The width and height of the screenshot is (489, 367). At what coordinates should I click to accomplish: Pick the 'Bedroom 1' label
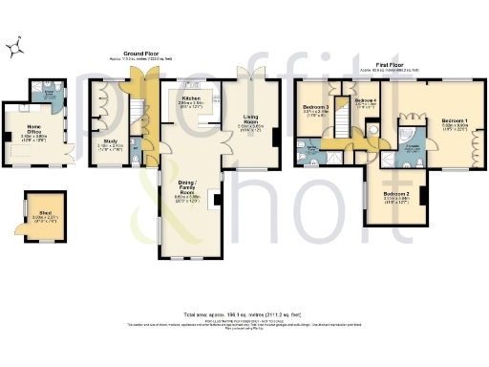(x=455, y=121)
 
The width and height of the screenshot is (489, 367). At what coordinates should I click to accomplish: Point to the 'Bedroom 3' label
(x=316, y=106)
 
